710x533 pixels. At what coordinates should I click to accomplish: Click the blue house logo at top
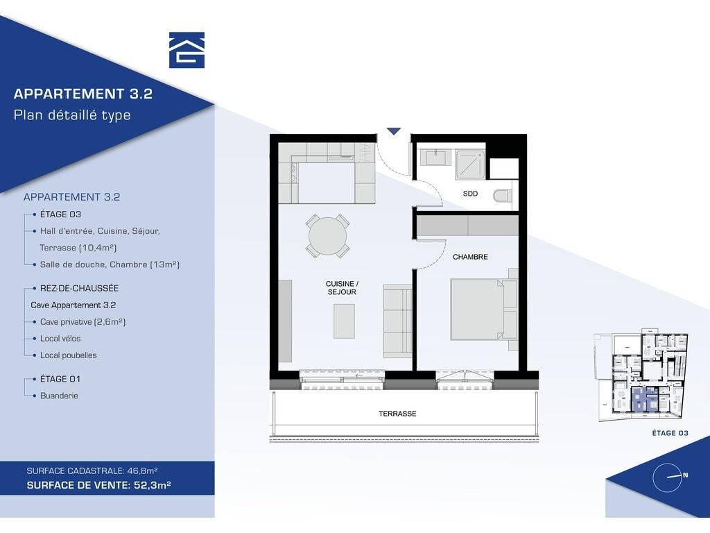(x=187, y=50)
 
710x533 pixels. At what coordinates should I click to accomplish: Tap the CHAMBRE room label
(x=470, y=257)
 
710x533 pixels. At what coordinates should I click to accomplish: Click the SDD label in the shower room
(x=470, y=194)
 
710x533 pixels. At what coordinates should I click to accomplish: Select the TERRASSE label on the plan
(x=397, y=414)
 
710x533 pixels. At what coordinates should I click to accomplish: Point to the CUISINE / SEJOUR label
(x=342, y=288)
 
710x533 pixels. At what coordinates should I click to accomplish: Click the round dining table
(x=327, y=236)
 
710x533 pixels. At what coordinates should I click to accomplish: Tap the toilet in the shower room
(x=502, y=196)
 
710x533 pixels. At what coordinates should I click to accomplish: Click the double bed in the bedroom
(x=483, y=310)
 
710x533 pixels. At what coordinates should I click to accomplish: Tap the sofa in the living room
(x=397, y=321)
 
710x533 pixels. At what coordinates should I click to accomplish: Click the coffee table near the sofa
(x=344, y=321)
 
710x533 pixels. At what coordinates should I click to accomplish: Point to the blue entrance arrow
(x=394, y=131)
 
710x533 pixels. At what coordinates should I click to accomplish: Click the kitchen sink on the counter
(x=341, y=158)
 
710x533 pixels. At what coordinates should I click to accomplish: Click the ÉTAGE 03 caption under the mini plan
(x=670, y=433)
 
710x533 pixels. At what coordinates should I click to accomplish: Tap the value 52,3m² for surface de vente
(x=153, y=485)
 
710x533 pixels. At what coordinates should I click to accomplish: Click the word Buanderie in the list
(x=60, y=396)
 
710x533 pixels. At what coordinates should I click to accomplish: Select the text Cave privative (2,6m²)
(x=83, y=322)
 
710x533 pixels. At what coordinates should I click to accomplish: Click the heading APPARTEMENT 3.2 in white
(x=83, y=94)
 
